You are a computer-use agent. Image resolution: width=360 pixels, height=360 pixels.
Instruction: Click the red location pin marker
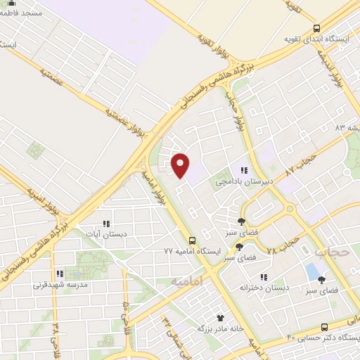coord(181,165)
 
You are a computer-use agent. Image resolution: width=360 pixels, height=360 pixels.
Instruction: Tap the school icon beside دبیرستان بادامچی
coord(245,170)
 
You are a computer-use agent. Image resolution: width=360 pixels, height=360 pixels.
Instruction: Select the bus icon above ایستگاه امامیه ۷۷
coord(193,240)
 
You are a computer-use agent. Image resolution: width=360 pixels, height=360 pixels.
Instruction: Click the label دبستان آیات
coord(106,234)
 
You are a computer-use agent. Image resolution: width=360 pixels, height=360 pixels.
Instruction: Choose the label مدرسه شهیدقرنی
coord(60,285)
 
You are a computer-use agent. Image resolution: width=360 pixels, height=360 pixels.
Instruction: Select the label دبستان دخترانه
coord(264,288)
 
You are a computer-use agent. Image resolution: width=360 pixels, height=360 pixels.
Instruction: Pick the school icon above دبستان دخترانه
coord(264,277)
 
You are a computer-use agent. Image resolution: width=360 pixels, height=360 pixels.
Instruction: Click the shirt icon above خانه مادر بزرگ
coord(219,319)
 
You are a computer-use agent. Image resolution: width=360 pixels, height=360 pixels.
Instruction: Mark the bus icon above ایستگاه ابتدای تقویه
coord(316,28)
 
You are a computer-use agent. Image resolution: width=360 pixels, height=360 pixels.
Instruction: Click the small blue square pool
coord(311,271)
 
